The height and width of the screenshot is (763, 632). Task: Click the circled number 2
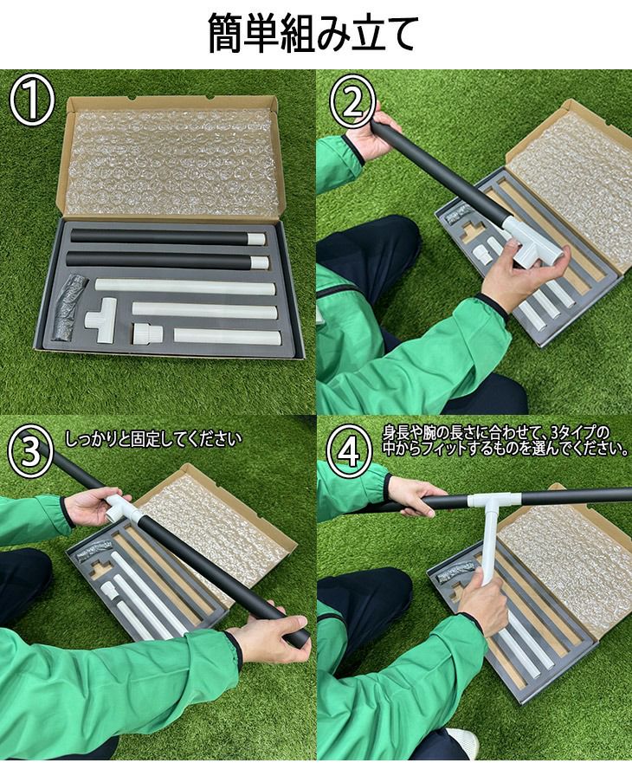point(353,103)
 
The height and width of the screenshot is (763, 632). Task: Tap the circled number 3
point(30,449)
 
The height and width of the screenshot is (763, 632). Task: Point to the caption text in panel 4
point(505,440)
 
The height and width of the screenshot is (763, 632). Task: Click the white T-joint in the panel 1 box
point(102,319)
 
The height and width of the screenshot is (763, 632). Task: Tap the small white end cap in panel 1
point(147,334)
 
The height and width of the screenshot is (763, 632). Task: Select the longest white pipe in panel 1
point(185,287)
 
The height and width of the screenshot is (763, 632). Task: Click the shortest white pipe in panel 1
point(227,337)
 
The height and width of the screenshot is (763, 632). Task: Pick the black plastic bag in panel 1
point(69,307)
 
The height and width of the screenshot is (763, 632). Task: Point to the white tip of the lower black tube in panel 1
point(260,262)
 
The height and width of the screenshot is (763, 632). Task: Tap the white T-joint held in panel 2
point(532,242)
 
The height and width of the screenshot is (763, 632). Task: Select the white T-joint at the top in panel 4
point(493,501)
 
